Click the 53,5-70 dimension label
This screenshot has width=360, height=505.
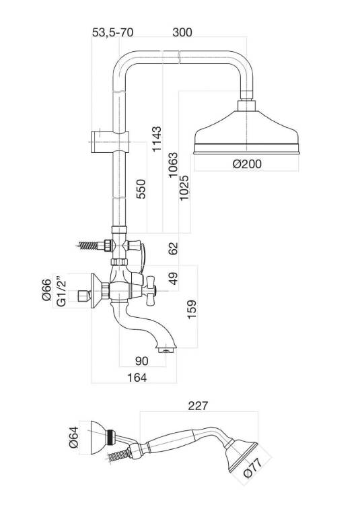(112, 32)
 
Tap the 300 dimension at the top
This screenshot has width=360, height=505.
(182, 32)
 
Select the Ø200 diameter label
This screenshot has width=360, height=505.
(247, 164)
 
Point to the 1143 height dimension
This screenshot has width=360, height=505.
(157, 139)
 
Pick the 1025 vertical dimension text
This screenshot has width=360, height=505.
(184, 188)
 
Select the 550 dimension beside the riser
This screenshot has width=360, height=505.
(141, 189)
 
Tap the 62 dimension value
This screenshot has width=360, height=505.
(173, 248)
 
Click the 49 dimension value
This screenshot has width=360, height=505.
(173, 278)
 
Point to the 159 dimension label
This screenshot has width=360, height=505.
(192, 309)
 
